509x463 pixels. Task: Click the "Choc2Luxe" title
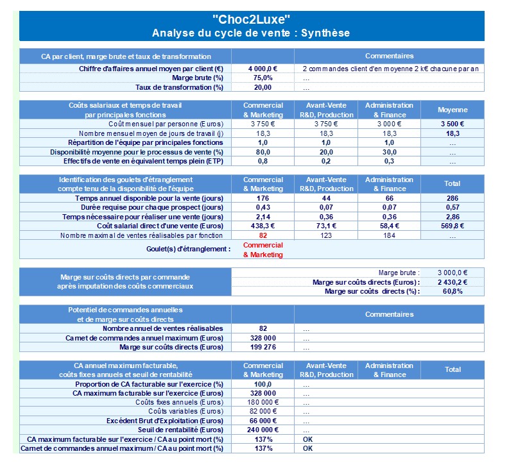click(252, 19)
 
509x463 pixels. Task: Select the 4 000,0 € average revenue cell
click(263, 69)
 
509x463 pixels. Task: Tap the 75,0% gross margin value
click(263, 78)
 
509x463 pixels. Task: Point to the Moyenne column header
click(453, 110)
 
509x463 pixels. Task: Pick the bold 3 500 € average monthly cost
click(453, 123)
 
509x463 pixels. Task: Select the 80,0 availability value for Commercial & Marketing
click(263, 152)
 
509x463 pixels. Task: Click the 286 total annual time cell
click(453, 198)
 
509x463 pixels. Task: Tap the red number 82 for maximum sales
click(263, 235)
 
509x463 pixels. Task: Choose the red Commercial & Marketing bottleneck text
click(263, 249)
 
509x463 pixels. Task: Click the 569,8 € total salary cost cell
click(453, 226)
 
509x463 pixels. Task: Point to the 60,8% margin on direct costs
click(453, 291)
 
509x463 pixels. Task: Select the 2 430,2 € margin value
click(453, 282)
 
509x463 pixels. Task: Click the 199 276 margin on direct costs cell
click(263, 347)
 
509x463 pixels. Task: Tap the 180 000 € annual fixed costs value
click(263, 402)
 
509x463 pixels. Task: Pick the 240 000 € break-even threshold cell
click(263, 430)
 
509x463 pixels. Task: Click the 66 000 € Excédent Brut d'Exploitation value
click(263, 421)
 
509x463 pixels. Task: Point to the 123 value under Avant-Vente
click(326, 235)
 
